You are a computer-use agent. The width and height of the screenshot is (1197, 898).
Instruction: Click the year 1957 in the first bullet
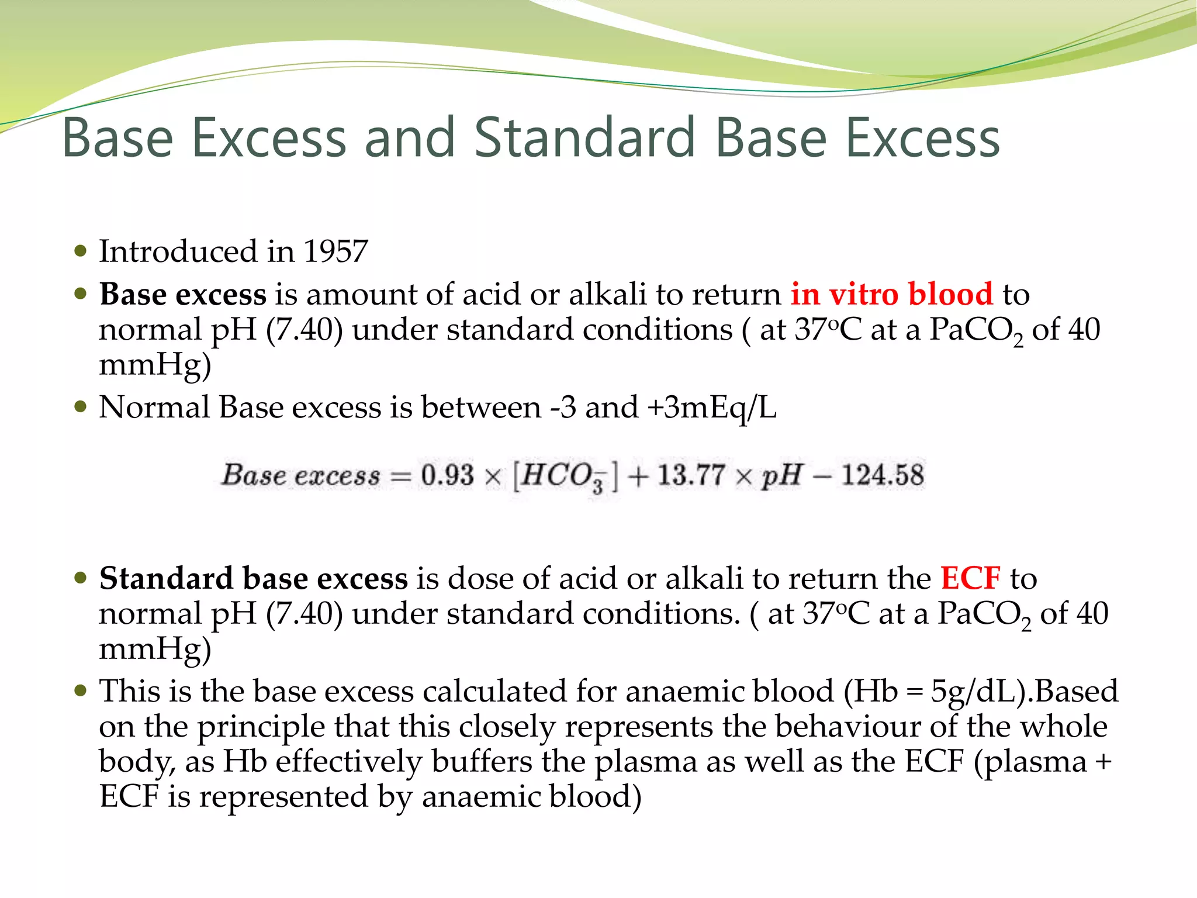[x=335, y=251]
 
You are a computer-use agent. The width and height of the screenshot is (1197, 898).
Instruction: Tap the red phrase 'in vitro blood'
[x=891, y=293]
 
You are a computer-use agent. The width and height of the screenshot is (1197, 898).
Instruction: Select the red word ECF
[x=970, y=578]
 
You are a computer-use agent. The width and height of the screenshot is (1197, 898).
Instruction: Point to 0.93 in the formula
[x=447, y=475]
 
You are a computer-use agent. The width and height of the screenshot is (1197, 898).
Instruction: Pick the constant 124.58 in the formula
[x=883, y=475]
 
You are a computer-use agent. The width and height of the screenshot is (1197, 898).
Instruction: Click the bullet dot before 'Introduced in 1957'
[x=81, y=252]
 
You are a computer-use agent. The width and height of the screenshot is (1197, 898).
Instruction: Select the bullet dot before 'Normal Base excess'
[x=81, y=406]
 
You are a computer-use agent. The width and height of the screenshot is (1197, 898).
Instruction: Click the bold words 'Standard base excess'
[x=253, y=578]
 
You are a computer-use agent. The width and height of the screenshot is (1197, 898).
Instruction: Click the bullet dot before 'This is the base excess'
[x=81, y=692]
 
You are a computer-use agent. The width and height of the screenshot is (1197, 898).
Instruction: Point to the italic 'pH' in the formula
[x=780, y=475]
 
